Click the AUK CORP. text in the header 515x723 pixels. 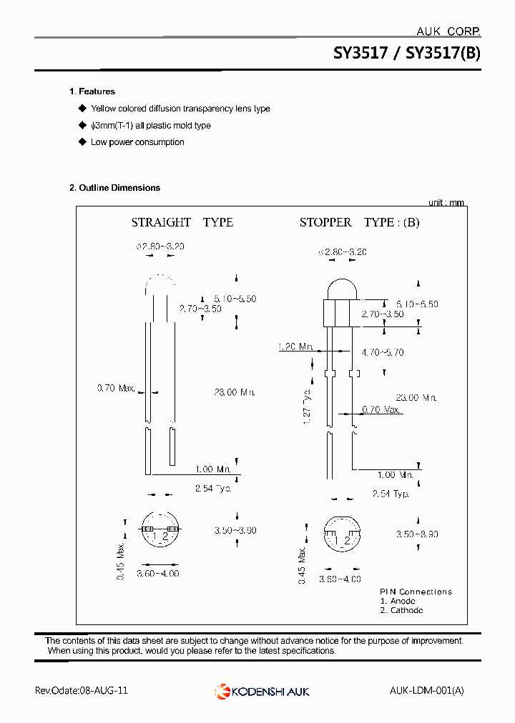(448, 31)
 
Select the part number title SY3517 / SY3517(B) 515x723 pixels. (407, 54)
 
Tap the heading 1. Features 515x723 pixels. (92, 91)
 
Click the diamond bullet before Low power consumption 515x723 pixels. (82, 142)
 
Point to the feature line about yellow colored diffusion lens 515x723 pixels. (180, 109)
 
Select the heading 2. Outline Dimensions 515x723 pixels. (114, 188)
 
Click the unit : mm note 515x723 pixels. (446, 203)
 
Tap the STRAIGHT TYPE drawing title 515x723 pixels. (182, 222)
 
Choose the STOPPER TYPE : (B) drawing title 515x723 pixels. (359, 222)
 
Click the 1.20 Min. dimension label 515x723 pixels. (295, 347)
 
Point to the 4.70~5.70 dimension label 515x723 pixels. (383, 352)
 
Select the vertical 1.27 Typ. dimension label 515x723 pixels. (307, 407)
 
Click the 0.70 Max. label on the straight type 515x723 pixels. (116, 388)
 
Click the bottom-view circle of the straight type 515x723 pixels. (159, 530)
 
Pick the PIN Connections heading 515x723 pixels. (416, 592)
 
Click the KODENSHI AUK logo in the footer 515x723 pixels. (262, 691)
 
